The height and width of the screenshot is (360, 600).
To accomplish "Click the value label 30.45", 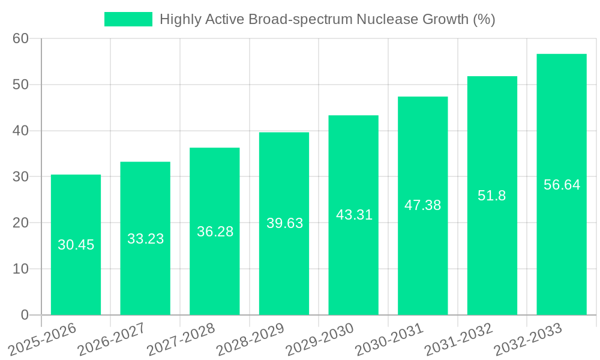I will coord(76,245).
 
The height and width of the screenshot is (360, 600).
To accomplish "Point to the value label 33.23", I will coord(145,239).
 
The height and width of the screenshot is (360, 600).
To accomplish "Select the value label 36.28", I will coord(215,232).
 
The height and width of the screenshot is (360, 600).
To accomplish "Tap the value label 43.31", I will coord(353,215).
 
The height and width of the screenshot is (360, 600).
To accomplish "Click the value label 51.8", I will coord(492,196).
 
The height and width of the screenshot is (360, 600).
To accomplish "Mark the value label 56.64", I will coord(562,185).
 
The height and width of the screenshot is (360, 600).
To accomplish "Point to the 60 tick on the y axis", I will coord(20,39).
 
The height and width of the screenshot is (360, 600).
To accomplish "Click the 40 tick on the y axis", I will coord(20,131).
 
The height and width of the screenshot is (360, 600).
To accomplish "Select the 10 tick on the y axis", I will coord(20,269).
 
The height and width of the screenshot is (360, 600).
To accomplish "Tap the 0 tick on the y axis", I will coord(25,315).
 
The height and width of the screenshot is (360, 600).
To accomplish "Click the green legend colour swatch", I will coord(128,19).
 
